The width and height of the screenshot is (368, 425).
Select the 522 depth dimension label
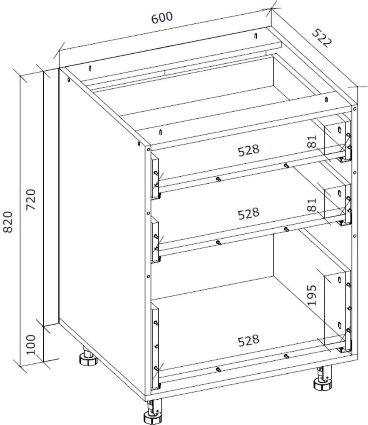coord(321,38)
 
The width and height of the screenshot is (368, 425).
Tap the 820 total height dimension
coord(10,221)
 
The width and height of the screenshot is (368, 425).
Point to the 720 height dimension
coord(33,200)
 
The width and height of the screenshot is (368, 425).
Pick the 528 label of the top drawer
coord(249,150)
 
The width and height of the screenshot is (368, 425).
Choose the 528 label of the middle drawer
coord(249,214)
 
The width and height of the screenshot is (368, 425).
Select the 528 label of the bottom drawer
coord(249,340)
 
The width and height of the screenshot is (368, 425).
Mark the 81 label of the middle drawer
coord(313,205)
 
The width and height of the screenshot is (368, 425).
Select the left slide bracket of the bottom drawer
coord(155,346)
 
